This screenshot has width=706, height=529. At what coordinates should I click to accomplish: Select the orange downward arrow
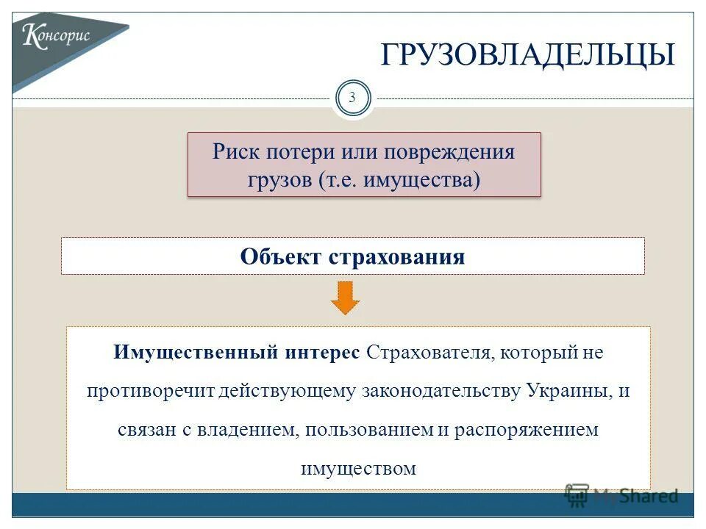[345, 298]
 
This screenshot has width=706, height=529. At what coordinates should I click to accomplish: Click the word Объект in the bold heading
[280, 256]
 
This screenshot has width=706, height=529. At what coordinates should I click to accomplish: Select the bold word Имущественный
[195, 352]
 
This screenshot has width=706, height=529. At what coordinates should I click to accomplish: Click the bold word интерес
[321, 352]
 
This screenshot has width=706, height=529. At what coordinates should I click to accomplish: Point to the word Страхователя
[427, 352]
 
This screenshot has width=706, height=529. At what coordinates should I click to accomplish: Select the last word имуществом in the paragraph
[358, 468]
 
